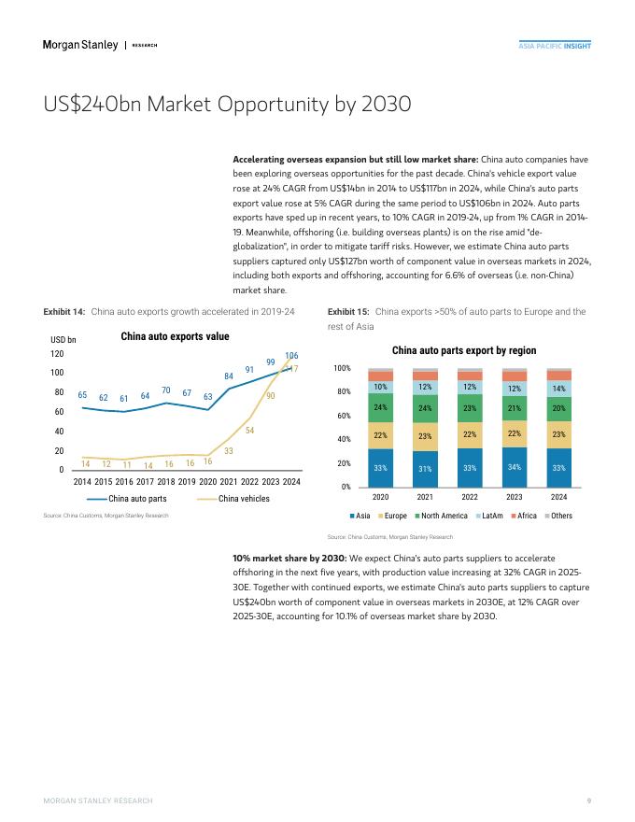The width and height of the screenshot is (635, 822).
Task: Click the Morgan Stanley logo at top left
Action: point(80,45)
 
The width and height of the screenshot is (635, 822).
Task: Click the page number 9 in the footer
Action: point(588,801)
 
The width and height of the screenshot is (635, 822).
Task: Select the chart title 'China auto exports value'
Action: point(175,336)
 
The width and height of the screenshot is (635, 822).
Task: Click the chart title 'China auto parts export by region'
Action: point(463,350)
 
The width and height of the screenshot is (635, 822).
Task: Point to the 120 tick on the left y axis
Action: point(57,354)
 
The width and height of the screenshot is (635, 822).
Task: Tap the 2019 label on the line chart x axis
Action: point(187,481)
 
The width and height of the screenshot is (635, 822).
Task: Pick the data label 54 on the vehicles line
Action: point(250,430)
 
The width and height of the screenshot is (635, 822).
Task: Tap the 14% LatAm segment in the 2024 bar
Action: point(558,388)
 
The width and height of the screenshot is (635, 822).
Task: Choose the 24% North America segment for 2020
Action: point(380,407)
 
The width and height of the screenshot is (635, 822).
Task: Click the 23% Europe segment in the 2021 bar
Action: point(425,436)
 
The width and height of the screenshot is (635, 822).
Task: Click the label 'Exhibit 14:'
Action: point(65,311)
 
